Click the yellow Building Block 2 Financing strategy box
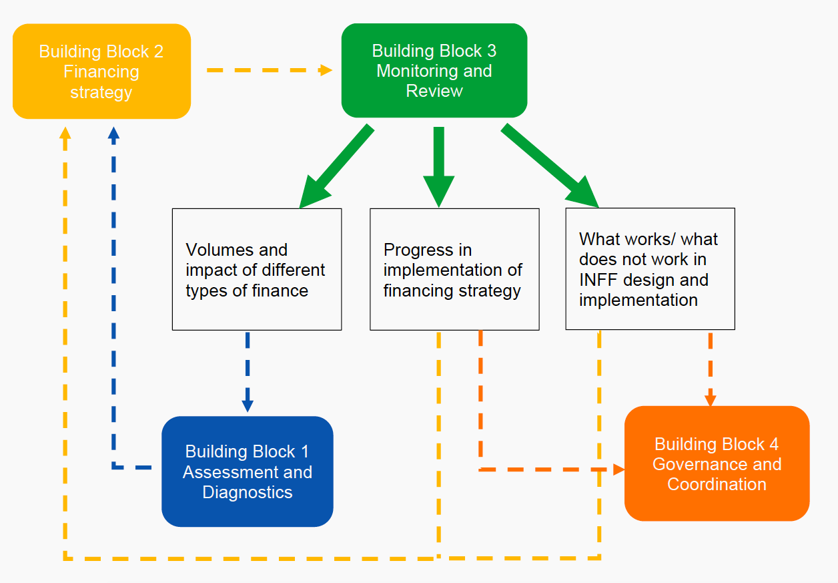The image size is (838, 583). [x=101, y=71]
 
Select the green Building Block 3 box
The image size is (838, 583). [x=434, y=71]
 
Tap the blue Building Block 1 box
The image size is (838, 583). [x=247, y=471]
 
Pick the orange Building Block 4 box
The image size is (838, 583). [x=717, y=463]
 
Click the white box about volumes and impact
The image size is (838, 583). [x=257, y=269]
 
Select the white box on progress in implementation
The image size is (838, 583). [x=454, y=269]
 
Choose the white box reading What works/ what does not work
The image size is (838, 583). [x=650, y=269]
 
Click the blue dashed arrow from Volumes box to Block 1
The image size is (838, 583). [x=248, y=371]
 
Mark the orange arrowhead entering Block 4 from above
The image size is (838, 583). [x=711, y=399]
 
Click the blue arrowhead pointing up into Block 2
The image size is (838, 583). [x=113, y=134]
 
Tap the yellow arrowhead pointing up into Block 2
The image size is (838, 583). [x=65, y=133]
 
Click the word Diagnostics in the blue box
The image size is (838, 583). [x=247, y=492]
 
